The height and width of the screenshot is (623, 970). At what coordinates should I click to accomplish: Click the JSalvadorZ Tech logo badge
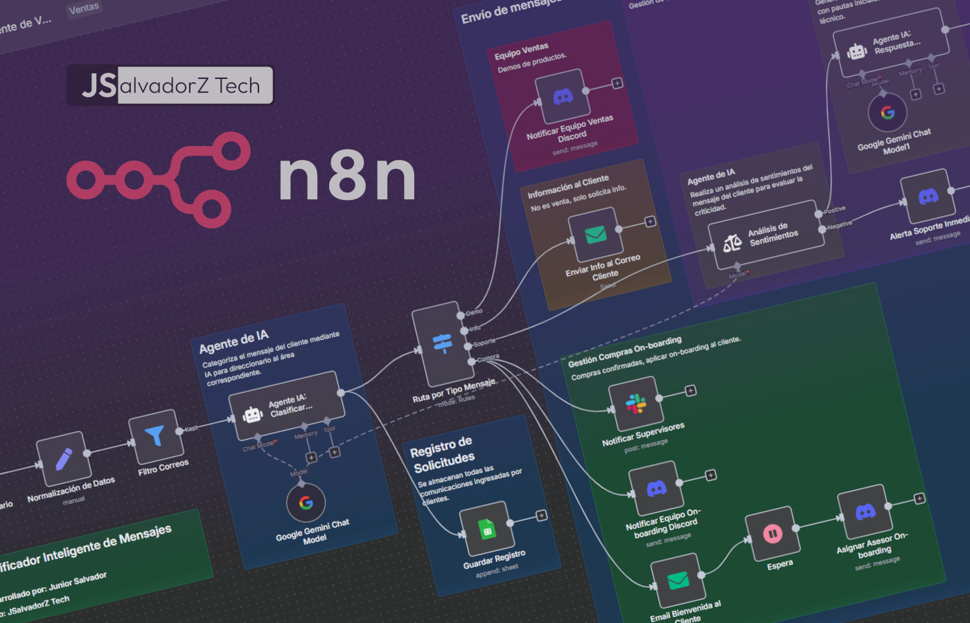170,85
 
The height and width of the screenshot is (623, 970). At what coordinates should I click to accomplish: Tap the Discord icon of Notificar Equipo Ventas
563,96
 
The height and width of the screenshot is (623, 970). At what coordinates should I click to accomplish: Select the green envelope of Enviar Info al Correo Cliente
595,235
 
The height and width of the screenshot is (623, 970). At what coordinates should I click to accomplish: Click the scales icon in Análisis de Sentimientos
732,243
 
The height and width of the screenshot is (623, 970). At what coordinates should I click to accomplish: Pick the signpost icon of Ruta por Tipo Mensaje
442,343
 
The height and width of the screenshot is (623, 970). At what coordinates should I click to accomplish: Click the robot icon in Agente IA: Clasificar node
253,415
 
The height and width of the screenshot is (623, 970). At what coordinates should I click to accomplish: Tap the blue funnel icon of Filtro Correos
155,435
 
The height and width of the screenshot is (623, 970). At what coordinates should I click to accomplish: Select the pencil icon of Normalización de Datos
64,458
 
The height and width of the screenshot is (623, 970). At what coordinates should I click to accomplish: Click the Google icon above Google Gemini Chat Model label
306,503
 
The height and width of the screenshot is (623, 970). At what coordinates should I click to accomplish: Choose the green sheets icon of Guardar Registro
487,530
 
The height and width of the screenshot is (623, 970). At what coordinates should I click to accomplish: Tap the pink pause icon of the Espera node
772,534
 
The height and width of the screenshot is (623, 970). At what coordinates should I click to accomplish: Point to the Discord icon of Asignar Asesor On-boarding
865,512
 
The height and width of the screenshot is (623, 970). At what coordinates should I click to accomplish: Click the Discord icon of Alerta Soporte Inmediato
928,197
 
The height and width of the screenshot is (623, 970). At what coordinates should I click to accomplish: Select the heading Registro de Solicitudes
443,454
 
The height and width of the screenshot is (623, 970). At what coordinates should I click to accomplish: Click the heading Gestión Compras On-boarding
624,352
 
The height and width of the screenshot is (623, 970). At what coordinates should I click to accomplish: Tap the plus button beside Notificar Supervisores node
691,391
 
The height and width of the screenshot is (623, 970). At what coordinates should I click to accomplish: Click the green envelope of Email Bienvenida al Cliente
678,580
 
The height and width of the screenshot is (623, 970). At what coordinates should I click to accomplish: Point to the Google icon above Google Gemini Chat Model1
888,113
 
